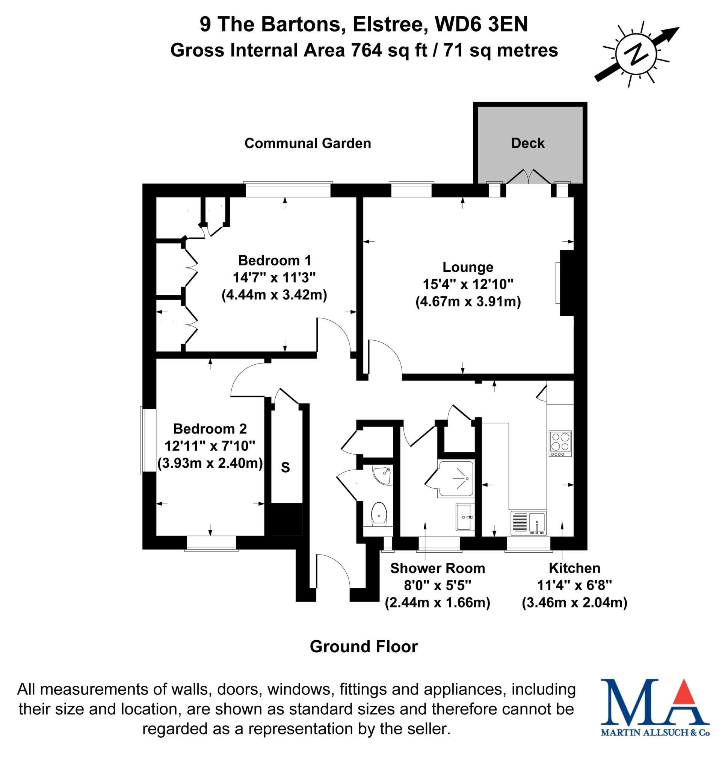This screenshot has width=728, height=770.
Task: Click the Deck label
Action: coord(527,143)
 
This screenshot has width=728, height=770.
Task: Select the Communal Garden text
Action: coord(307,143)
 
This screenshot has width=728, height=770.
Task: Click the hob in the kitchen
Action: coord(560,443)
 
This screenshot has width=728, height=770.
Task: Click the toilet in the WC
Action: coord(379,514)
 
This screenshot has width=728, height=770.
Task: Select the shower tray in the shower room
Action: coord(456,479)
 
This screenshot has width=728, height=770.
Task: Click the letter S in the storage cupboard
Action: coord(285,467)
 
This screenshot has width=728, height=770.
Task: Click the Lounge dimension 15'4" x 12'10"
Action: coord(468,284)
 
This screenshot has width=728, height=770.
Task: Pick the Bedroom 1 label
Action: coord(274,260)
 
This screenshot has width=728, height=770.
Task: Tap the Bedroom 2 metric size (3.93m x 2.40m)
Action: coord(210,463)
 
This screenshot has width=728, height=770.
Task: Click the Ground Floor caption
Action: coord(364,647)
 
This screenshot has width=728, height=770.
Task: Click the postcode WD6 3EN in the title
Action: coord(481,24)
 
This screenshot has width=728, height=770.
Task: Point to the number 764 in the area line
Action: coord(366,50)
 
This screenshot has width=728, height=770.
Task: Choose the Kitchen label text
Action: coord(574,568)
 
